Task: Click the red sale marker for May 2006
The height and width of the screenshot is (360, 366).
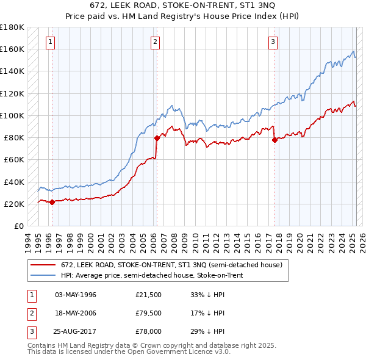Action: [x=157, y=138]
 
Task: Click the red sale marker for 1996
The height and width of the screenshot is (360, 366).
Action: [x=52, y=202]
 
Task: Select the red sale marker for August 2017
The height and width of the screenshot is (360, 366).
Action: [x=274, y=140]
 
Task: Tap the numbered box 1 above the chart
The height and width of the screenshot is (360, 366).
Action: [x=50, y=42]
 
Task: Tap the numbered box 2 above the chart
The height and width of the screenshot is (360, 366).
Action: [x=156, y=42]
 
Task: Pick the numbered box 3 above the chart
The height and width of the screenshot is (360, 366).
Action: [x=273, y=42]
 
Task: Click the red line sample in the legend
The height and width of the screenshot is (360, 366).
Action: [x=42, y=265]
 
